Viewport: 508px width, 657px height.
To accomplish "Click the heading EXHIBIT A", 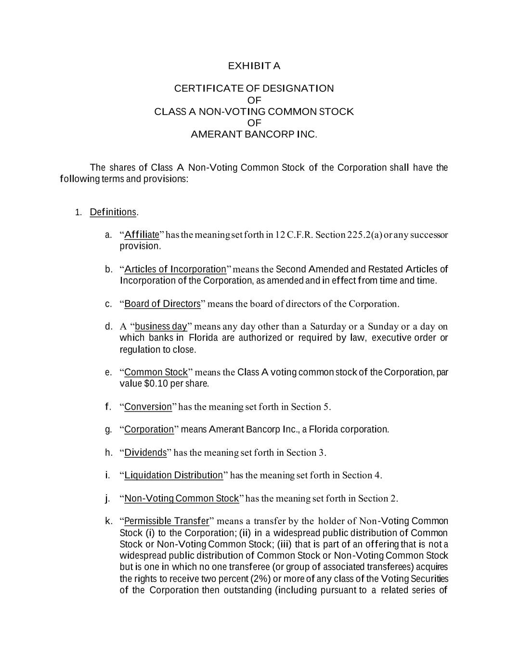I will pos(254,66).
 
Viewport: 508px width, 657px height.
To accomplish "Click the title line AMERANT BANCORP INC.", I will pos(254,134).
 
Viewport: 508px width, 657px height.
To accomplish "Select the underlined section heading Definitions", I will pos(113,212).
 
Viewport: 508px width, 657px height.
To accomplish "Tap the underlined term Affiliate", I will pos(142,235).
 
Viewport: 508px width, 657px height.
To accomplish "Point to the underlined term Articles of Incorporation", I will pos(175,269).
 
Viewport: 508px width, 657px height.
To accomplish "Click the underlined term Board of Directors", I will pos(162,304).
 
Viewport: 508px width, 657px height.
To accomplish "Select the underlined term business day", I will pos(161,327).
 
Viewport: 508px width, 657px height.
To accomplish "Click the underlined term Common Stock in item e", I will pos(156,372).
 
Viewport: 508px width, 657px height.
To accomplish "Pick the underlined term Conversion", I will pos(148,407).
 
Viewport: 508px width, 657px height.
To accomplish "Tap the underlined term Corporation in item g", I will pos(149,429).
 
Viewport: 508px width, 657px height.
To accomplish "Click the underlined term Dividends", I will pos(145,452).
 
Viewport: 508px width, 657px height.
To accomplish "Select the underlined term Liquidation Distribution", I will pos(174,476).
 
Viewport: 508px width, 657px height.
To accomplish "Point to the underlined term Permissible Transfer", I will pos(167,521).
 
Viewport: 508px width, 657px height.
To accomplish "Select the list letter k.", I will pos(108,521).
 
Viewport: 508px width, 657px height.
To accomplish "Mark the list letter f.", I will pos(108,407).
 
